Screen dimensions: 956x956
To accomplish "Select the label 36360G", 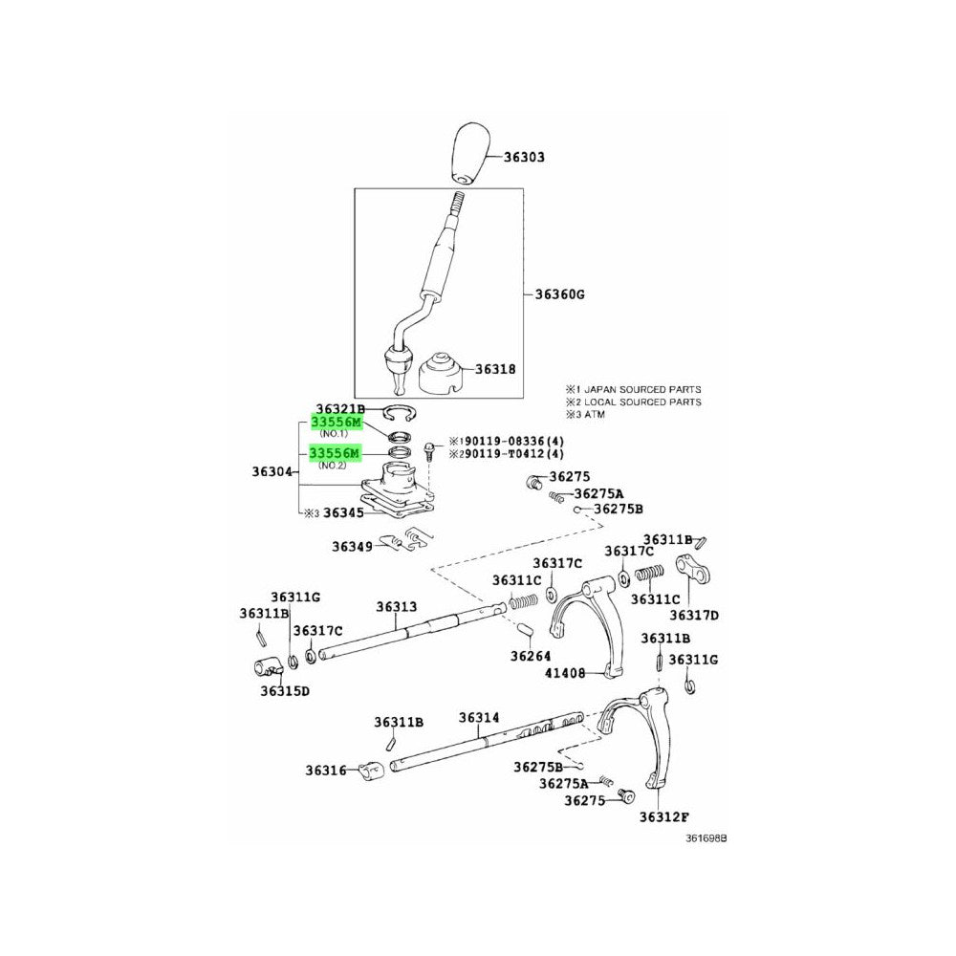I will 559,294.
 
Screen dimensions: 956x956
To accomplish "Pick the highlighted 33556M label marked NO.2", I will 335,452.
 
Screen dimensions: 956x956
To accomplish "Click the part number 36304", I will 274,471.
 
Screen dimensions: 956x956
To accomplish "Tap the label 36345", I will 342,513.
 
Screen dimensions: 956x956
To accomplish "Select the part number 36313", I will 396,606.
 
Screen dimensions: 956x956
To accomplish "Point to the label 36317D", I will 693,615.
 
